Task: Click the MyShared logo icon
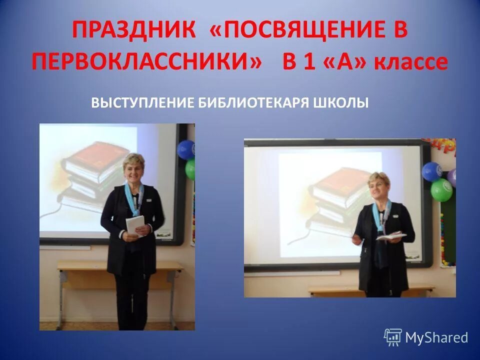[x=393, y=337]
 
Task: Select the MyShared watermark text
[x=436, y=337]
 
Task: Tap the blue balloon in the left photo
[x=186, y=149]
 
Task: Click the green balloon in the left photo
[x=190, y=170]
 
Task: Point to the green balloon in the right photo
[x=441, y=189]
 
